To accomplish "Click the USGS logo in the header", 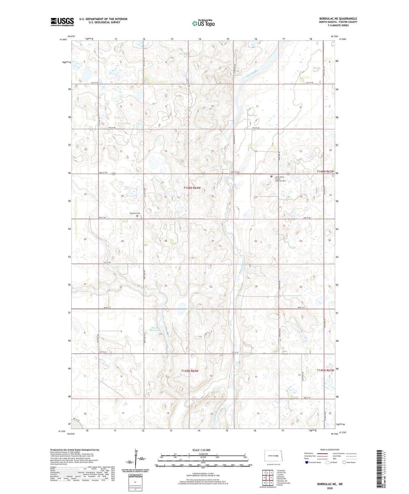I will point(62,22).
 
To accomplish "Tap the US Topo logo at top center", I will point(203,23).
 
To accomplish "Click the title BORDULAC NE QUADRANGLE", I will point(338,19).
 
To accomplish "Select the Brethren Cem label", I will point(135,213).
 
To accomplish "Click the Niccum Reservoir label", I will point(155,329).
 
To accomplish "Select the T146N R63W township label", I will point(325,171).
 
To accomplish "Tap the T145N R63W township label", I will point(325,370).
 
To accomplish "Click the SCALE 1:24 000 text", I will point(201,450).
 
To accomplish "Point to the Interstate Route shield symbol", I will point(307,462).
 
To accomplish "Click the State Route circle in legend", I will point(344,462).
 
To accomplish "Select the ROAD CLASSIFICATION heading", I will point(330,450).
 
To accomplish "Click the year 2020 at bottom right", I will point(330,488).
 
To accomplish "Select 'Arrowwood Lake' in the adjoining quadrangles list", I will point(284,483).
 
